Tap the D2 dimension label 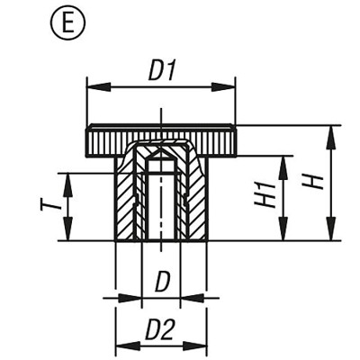click(160, 331)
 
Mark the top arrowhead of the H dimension click(331, 132)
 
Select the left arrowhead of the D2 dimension click(121, 345)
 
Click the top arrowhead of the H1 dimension click(284, 160)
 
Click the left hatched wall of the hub click(126, 202)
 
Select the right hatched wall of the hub click(195, 202)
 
